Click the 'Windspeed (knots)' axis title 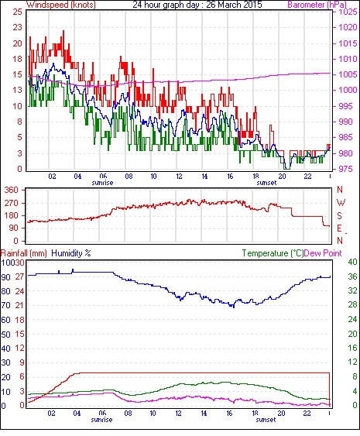pyautogui.click(x=61, y=5)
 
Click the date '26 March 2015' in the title pyautogui.click(x=234, y=5)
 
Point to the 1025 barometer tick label pyautogui.click(x=348, y=12)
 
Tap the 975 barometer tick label pyautogui.click(x=348, y=169)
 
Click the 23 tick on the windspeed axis pyautogui.click(x=18, y=28)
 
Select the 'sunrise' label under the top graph pyautogui.click(x=102, y=183)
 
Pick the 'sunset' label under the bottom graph pyautogui.click(x=266, y=420)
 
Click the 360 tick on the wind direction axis pyautogui.click(x=12, y=191)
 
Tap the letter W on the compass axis pyautogui.click(x=341, y=203)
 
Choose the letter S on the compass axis pyautogui.click(x=339, y=215)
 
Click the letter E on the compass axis pyautogui.click(x=339, y=228)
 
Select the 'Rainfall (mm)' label pyautogui.click(x=24, y=253)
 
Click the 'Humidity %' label pyautogui.click(x=71, y=253)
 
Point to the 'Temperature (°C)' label pyautogui.click(x=273, y=253)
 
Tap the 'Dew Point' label pyautogui.click(x=323, y=253)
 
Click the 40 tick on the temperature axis pyautogui.click(x=353, y=262)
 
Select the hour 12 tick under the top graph pyautogui.click(x=179, y=177)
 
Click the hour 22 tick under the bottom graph pyautogui.click(x=307, y=414)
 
